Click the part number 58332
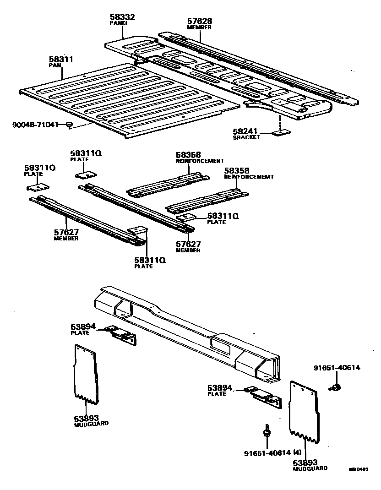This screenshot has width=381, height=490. pos(122,16)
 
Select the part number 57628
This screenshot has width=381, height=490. pos(200,21)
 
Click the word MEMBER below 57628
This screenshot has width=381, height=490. pos(200,27)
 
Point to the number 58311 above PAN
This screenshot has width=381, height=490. pos(61,60)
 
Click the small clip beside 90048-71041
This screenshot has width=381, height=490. pos(69,125)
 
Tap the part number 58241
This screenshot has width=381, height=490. pos(245,131)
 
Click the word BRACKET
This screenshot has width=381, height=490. pos(246,137)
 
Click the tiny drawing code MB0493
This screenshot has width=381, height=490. pos(359,469)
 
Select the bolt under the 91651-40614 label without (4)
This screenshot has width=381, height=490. pos(336,388)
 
